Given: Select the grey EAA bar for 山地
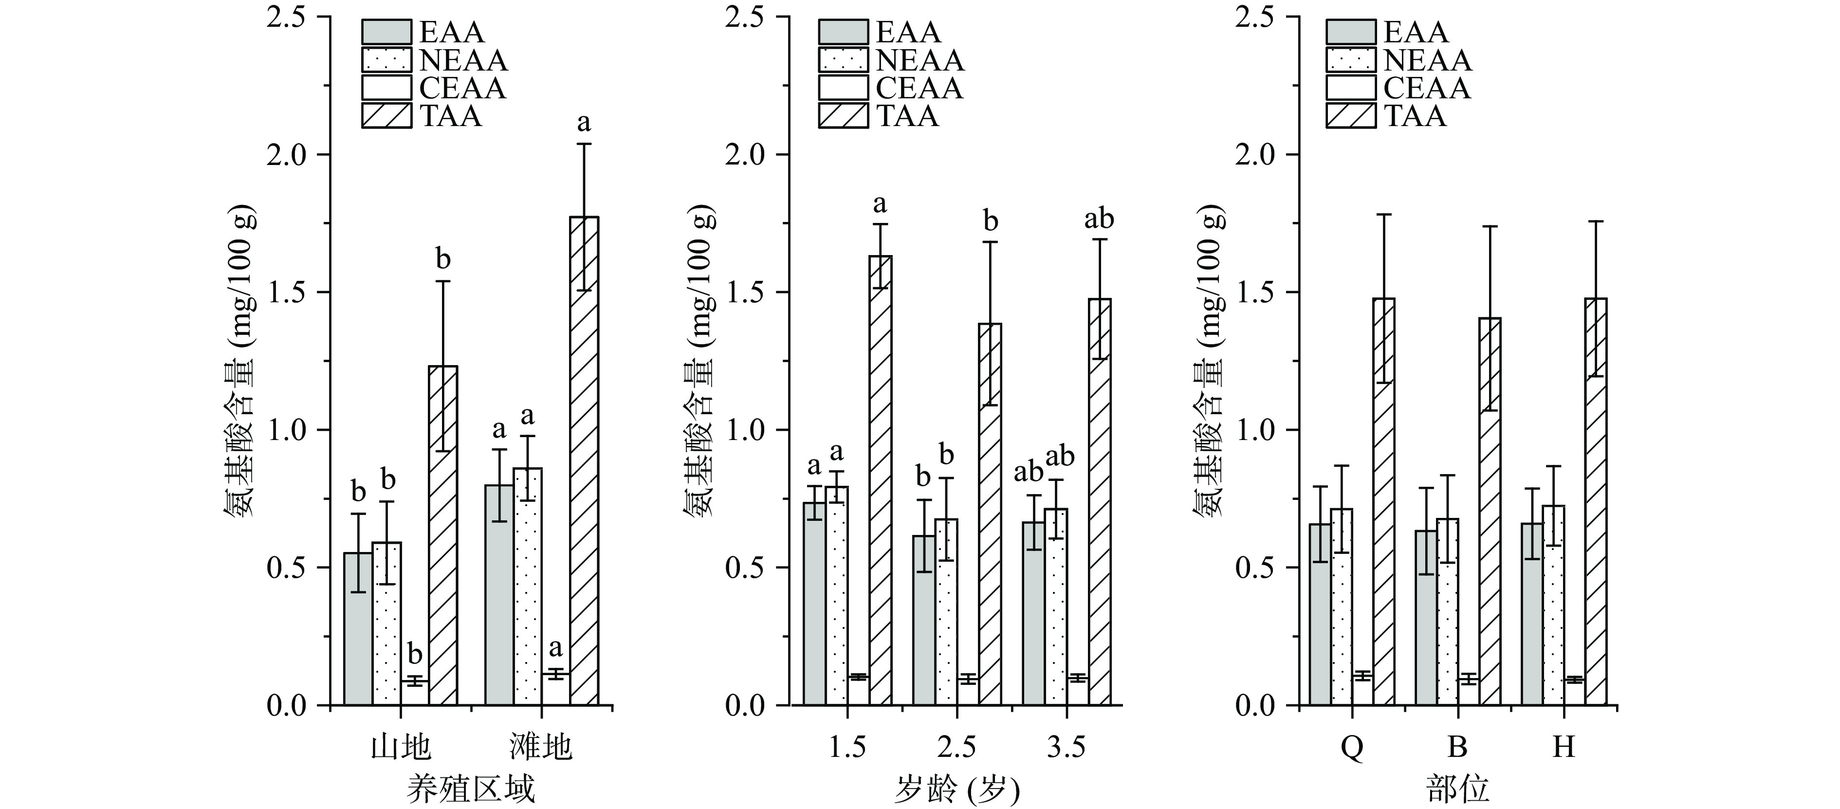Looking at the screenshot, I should (x=358, y=628).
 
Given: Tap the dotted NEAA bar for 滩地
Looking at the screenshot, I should (x=527, y=586).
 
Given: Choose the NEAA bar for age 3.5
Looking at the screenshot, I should (x=1056, y=607).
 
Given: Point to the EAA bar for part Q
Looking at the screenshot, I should (x=1320, y=614).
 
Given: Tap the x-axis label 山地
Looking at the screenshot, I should (x=401, y=748).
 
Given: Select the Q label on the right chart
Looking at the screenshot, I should (x=1351, y=748).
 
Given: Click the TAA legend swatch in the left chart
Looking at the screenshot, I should (x=386, y=116).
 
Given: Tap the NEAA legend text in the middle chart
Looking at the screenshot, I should (x=920, y=61).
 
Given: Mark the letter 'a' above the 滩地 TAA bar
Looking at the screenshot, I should (x=584, y=123).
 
